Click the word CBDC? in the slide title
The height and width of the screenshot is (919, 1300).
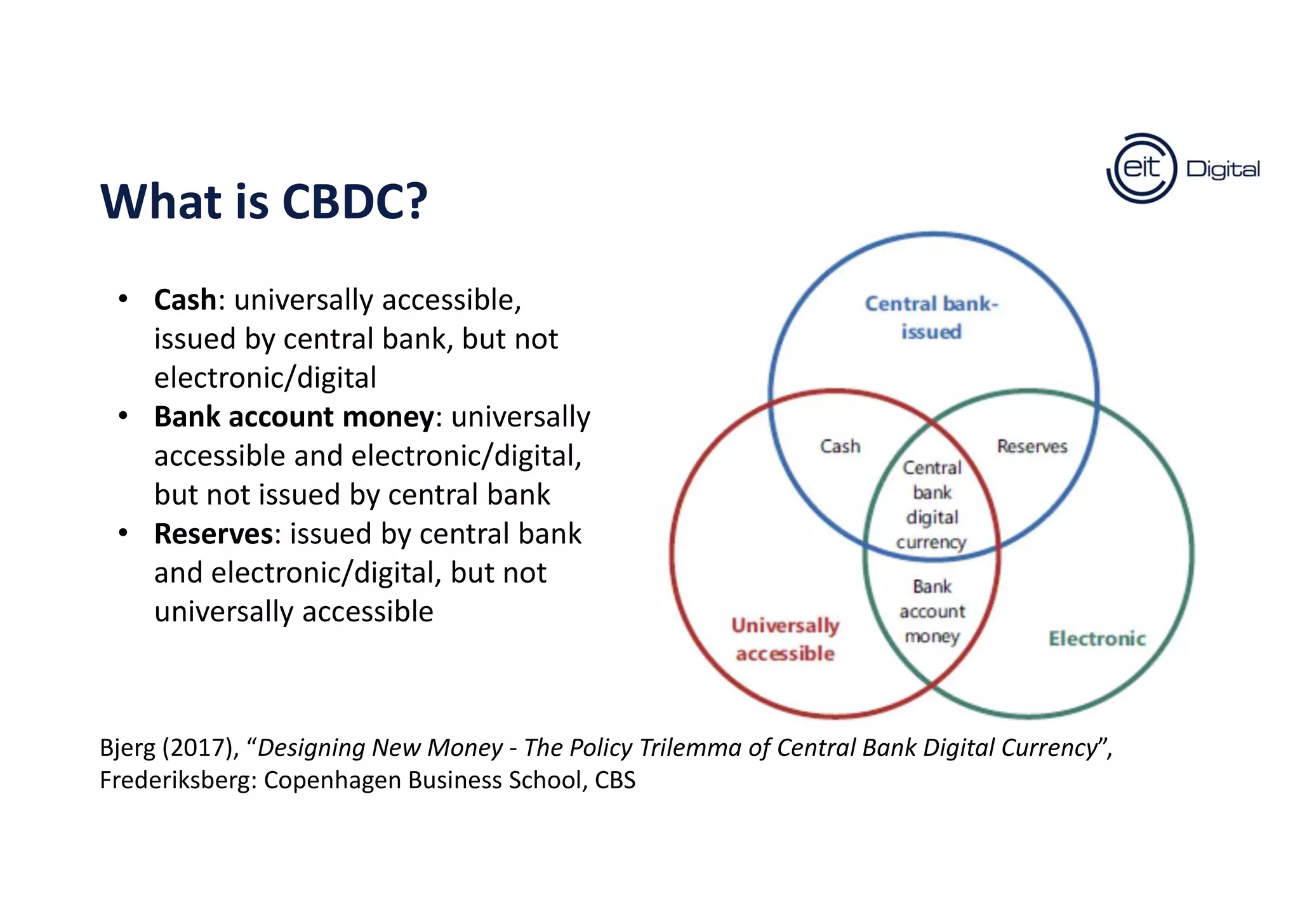354,202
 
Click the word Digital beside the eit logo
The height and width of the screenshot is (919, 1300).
1223,169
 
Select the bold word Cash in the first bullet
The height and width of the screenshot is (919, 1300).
185,300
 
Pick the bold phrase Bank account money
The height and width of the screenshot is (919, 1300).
294,417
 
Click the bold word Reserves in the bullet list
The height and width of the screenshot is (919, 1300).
213,534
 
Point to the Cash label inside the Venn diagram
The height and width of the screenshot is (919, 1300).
840,446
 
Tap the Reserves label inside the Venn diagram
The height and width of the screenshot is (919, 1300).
1032,446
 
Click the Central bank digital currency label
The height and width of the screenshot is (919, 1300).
932,505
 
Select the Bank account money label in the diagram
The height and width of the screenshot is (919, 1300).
932,611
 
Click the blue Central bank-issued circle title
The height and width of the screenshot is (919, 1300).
931,317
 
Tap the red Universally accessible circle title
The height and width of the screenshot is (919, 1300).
785,639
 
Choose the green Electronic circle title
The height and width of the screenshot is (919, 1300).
1097,638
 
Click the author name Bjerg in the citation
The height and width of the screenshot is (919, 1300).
127,748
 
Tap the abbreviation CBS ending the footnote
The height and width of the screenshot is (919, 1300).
614,780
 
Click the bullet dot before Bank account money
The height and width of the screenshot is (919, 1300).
123,416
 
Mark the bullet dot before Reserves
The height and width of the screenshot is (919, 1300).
123,533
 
